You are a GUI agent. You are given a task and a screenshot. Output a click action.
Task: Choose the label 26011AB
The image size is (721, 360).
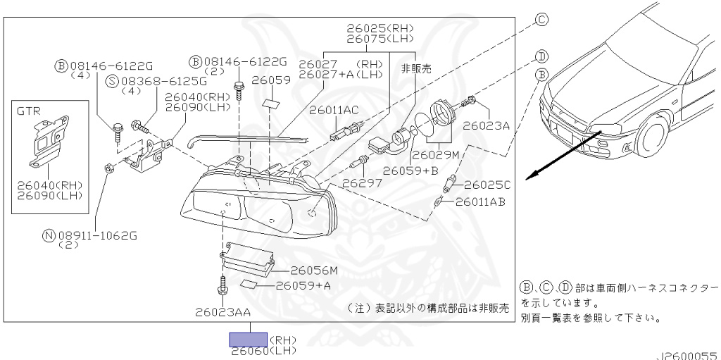(480, 201)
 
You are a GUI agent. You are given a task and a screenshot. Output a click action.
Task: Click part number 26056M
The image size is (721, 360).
(314, 270)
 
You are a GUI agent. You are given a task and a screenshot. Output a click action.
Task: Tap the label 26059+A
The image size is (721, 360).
(303, 285)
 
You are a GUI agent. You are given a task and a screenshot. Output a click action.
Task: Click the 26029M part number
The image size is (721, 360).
(435, 154)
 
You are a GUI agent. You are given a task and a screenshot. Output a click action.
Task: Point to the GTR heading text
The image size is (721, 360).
(30, 111)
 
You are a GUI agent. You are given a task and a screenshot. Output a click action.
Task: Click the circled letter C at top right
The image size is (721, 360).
(541, 20)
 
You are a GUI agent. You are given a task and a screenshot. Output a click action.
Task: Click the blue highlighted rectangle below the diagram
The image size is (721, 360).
(246, 340)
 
